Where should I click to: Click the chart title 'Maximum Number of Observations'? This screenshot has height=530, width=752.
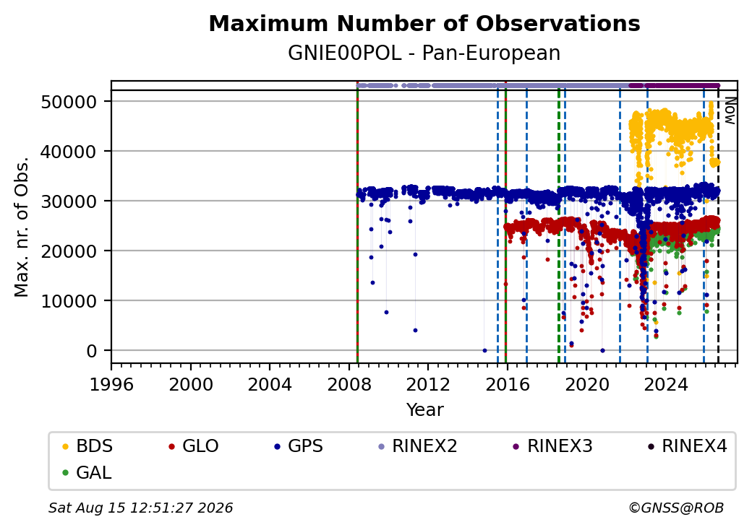[424, 23]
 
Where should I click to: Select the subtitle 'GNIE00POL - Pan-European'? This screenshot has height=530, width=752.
[424, 53]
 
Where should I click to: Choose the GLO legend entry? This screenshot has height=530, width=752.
[194, 446]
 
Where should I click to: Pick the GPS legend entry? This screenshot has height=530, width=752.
[299, 446]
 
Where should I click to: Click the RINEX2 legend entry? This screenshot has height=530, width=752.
[418, 446]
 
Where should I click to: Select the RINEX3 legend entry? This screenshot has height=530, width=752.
[553, 446]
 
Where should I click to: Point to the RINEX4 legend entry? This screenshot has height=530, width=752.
[687, 446]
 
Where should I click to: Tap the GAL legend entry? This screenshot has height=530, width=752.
[87, 472]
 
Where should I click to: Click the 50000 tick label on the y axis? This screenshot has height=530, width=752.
[69, 102]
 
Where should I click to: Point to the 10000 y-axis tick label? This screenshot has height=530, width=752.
[69, 301]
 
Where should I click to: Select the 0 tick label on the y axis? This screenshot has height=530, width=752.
[92, 351]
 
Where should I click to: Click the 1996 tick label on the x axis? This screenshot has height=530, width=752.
[111, 384]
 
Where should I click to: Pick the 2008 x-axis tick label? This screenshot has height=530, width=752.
[349, 384]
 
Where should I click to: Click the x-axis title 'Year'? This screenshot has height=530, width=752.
[425, 410]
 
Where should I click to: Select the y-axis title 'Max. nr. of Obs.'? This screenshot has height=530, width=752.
[22, 226]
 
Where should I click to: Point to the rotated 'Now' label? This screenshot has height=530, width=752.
[730, 110]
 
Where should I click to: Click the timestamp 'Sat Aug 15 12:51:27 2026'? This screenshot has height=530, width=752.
[140, 508]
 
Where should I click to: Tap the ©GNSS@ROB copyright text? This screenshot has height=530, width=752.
[676, 508]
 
